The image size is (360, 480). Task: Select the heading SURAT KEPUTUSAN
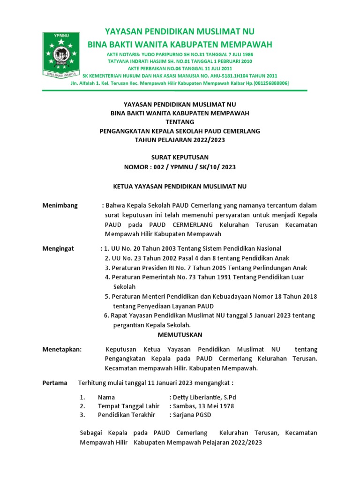(x=180, y=157)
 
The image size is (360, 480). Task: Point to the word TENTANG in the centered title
(x=180, y=122)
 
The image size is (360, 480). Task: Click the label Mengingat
(x=58, y=248)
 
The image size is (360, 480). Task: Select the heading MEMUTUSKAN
(x=180, y=335)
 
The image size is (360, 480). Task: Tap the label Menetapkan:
(x=62, y=349)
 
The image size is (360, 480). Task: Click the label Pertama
(x=55, y=382)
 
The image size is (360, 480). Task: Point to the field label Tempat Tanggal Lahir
(x=128, y=406)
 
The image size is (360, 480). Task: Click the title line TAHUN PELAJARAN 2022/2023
(x=180, y=140)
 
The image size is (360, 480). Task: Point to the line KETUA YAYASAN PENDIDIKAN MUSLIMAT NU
(x=180, y=186)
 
